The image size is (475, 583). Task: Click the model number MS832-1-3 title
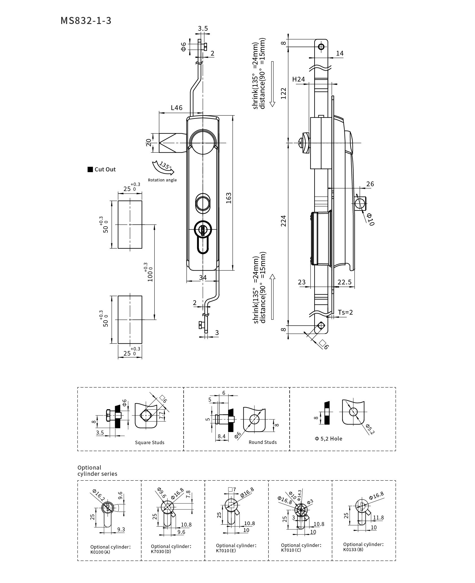(86, 21)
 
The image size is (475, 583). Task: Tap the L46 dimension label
(177, 108)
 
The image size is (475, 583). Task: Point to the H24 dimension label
(298, 79)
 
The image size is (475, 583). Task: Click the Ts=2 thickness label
(346, 312)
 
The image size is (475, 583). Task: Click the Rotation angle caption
(162, 180)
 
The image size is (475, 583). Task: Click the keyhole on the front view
(203, 230)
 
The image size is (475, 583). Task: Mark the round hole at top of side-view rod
(321, 47)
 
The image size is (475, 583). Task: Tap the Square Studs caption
(149, 442)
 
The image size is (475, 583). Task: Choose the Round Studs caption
(263, 442)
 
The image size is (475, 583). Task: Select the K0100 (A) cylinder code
(100, 552)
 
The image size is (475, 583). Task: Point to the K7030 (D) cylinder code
(161, 551)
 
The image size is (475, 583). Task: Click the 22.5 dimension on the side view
(344, 282)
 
